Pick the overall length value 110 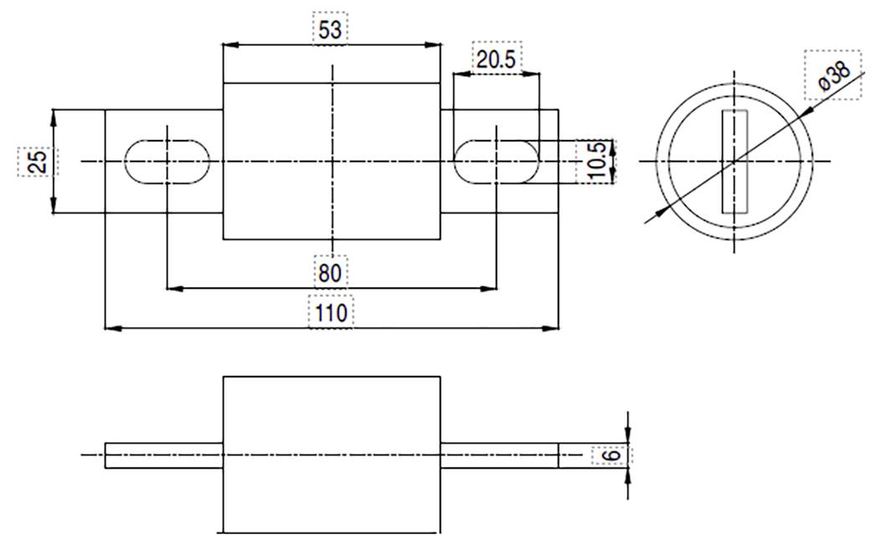(x=331, y=312)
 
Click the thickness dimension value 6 (x=611, y=455)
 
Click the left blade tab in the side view (x=163, y=455)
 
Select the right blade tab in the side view (x=499, y=455)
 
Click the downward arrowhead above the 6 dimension (x=627, y=436)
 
